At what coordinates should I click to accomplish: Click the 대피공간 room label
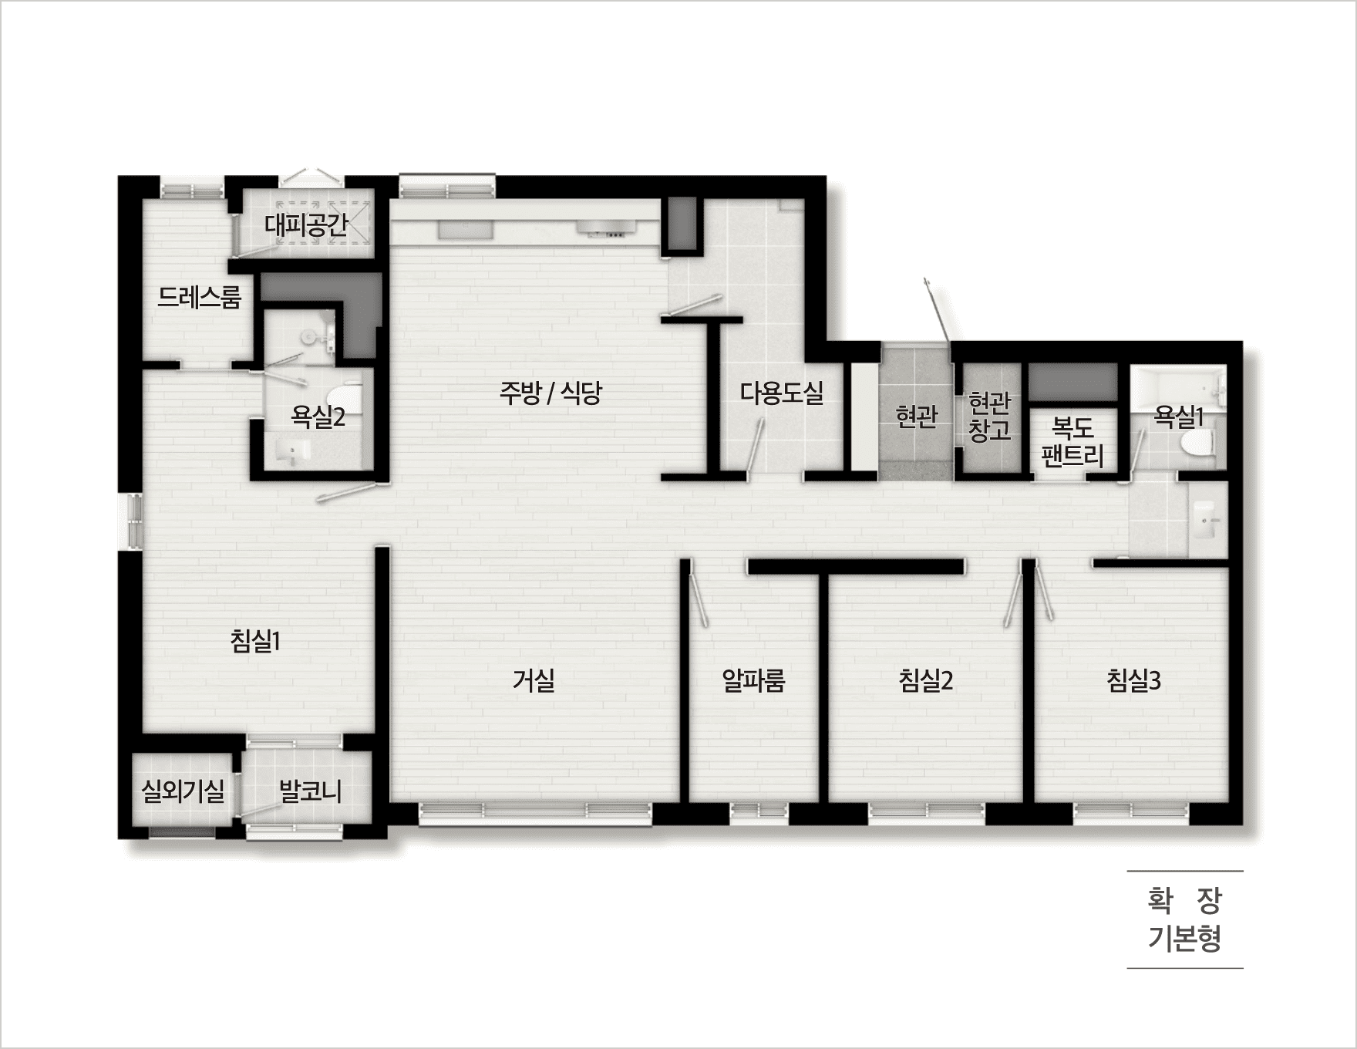click(307, 225)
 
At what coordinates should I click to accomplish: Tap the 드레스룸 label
click(199, 297)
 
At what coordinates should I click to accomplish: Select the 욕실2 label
click(318, 417)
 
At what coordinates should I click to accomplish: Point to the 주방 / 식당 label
click(551, 393)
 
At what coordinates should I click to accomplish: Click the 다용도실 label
click(782, 393)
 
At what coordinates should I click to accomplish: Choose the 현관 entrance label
click(917, 417)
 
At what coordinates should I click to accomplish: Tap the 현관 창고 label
click(989, 417)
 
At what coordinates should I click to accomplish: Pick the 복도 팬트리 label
click(1072, 442)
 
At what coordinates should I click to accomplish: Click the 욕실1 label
click(1178, 417)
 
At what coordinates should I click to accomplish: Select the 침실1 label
click(255, 641)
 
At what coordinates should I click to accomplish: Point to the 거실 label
click(534, 680)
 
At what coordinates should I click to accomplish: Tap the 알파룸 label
click(753, 680)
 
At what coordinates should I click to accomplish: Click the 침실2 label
click(926, 680)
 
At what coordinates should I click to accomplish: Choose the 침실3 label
click(1133, 680)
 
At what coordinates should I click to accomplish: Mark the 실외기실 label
click(183, 791)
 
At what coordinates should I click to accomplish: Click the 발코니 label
click(310, 791)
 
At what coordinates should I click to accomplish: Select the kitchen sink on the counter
click(465, 229)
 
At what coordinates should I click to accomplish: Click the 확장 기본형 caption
click(1185, 919)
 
